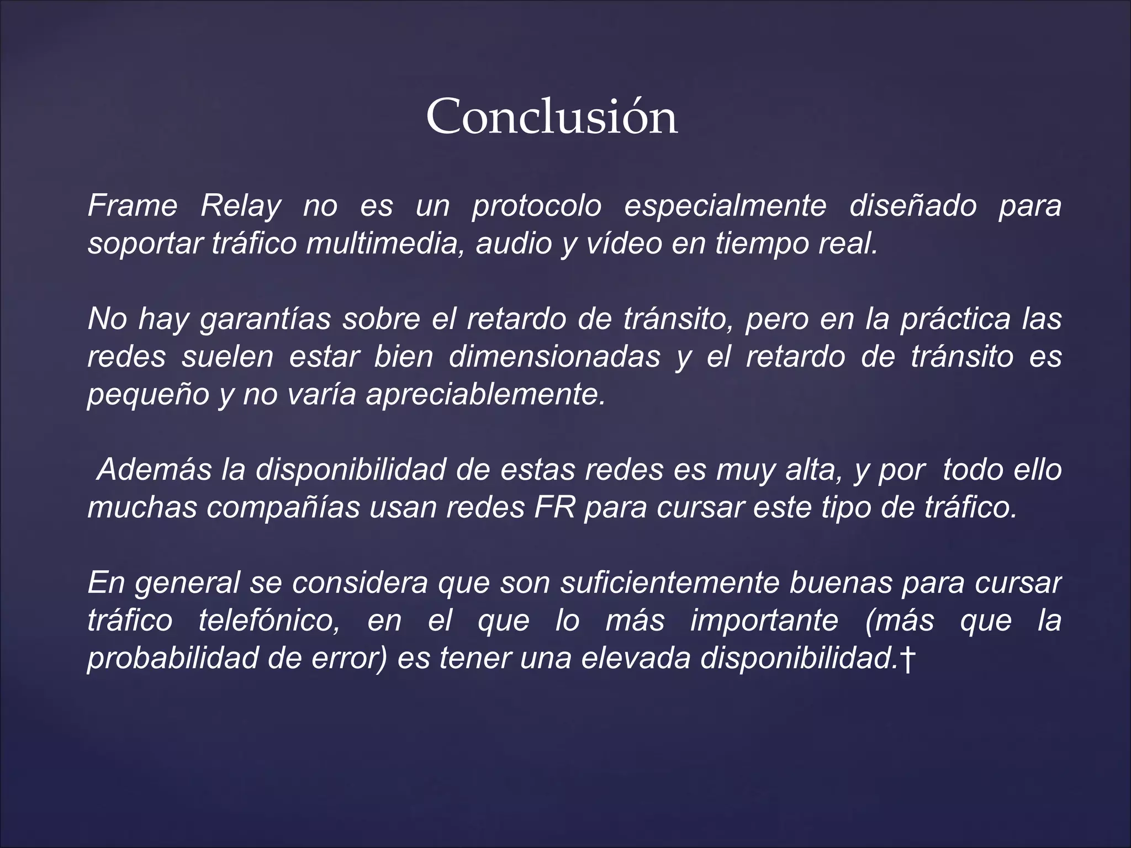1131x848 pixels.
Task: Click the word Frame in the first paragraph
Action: click(133, 206)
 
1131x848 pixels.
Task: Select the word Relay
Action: click(241, 206)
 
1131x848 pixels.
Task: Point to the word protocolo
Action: click(537, 206)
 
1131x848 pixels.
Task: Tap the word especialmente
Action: click(725, 206)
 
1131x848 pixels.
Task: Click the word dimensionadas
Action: click(554, 357)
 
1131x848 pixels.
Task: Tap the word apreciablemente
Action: click(486, 394)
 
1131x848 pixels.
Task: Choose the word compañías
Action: click(283, 507)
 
